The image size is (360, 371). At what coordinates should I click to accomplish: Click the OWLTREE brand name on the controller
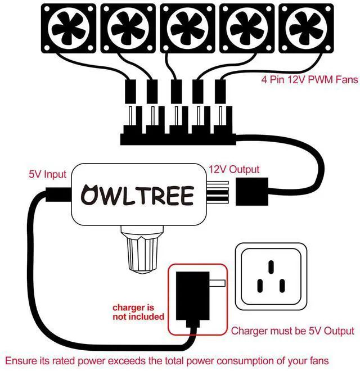coord(137,195)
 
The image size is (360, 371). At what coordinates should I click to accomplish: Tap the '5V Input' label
coord(47,174)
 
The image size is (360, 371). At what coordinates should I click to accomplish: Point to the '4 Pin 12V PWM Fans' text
coord(309,80)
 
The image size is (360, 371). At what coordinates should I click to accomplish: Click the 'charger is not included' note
coord(138,312)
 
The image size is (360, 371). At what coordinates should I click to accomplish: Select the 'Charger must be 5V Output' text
coord(292,331)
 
